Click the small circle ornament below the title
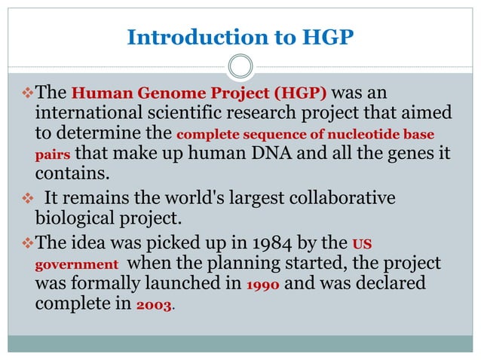240,68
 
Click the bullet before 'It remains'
25,200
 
